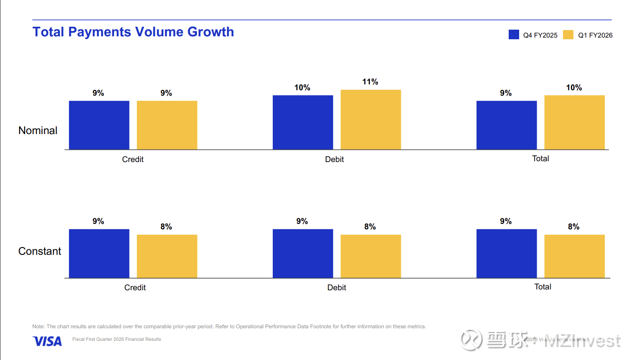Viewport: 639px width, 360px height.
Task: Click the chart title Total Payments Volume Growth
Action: (x=133, y=32)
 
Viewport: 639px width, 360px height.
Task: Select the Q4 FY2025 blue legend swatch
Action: (x=514, y=35)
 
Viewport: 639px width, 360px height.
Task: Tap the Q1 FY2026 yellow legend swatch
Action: (x=568, y=35)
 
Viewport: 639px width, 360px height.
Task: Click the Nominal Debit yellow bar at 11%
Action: (x=370, y=119)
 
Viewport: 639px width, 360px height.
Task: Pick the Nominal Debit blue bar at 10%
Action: (x=303, y=122)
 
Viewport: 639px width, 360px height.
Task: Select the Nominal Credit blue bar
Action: (x=99, y=125)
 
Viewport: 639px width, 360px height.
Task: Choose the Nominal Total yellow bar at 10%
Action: (x=574, y=122)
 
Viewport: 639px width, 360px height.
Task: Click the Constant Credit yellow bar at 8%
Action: (x=167, y=256)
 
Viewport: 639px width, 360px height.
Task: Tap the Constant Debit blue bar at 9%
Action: (x=303, y=253)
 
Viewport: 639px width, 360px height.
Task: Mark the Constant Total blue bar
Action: (x=506, y=253)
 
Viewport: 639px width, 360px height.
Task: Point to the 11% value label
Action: (x=370, y=82)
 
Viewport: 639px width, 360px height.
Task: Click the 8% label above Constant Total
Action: (x=573, y=227)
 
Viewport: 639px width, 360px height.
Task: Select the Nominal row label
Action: (x=38, y=131)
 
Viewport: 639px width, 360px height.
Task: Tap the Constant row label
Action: (x=40, y=251)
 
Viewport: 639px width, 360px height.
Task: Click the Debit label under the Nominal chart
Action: (x=334, y=160)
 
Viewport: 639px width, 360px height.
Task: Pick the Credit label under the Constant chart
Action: (x=135, y=288)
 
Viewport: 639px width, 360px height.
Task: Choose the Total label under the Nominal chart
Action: (x=540, y=159)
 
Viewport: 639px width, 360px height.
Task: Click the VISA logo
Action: (x=47, y=341)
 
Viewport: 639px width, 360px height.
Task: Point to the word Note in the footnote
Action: (x=38, y=327)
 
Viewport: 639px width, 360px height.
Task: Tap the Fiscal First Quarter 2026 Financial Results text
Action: (x=117, y=340)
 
